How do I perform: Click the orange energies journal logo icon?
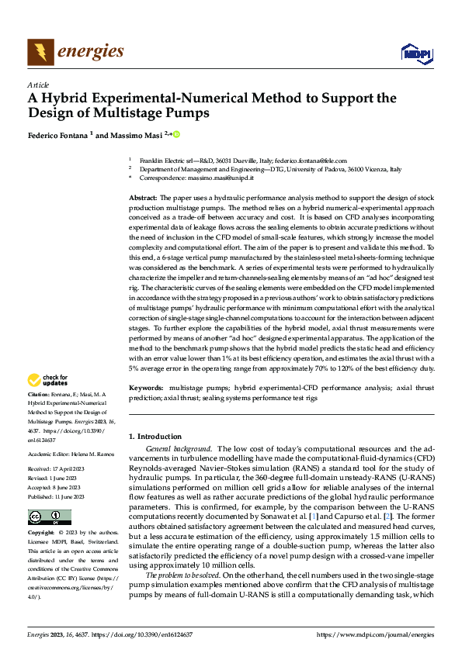pos(40,52)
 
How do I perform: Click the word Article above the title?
pos(38,85)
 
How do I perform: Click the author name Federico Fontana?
pos(58,135)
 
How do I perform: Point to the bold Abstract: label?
pos(142,199)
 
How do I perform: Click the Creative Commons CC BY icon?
pos(49,517)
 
